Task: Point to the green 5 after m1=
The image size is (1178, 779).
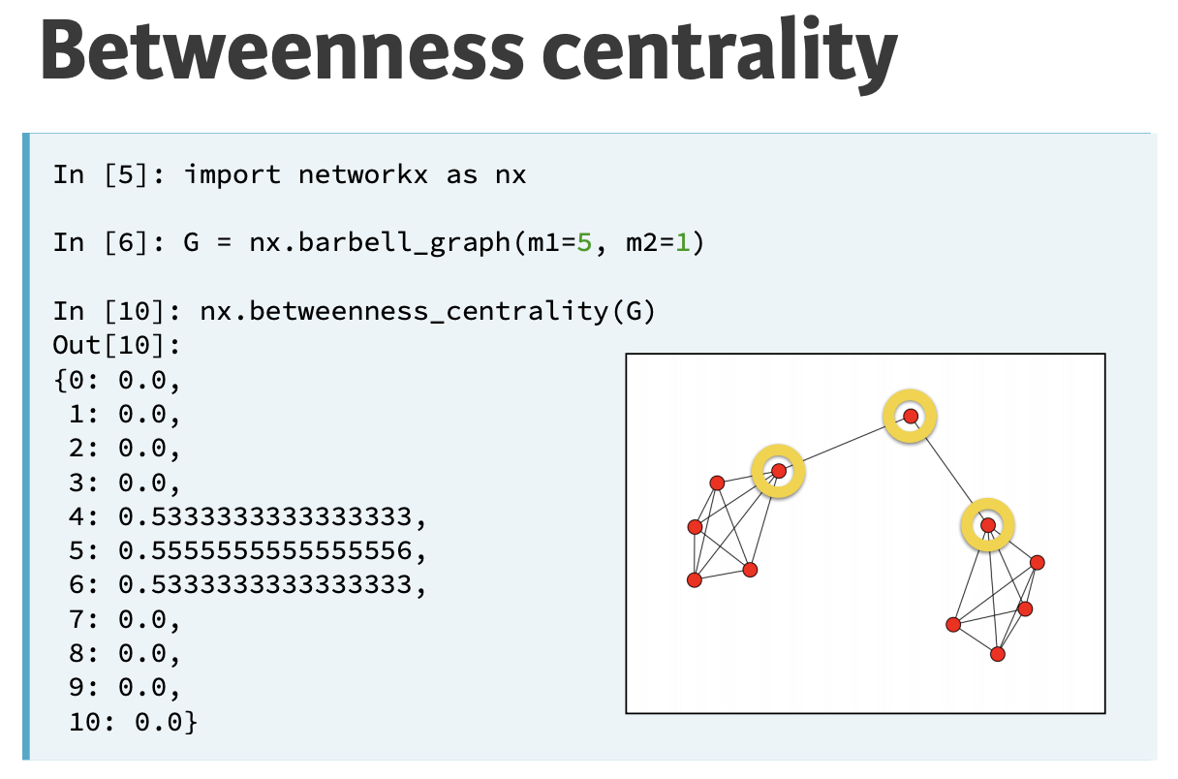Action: (584, 242)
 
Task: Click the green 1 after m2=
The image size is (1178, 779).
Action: (683, 242)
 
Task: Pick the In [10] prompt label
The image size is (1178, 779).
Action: (110, 311)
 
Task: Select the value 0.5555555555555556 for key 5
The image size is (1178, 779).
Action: (272, 551)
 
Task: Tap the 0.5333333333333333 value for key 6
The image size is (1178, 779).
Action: (272, 585)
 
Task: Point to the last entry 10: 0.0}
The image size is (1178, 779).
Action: (134, 722)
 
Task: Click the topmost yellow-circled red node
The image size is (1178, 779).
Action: (911, 417)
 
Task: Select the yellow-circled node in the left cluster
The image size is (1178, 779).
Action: (779, 472)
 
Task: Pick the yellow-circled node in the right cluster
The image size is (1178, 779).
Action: (987, 525)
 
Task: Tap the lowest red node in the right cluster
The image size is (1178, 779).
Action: (998, 654)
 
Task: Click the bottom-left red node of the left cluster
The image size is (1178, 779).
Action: (694, 579)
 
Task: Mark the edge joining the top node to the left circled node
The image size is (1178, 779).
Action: (845, 444)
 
